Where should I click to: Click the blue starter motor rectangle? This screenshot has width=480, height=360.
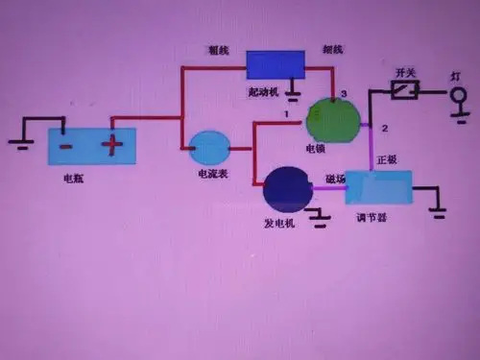coord(276,64)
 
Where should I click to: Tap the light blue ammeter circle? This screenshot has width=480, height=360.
coord(208,149)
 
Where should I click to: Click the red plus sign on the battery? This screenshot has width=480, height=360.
coord(113,146)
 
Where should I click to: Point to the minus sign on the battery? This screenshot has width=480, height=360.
coord(65,146)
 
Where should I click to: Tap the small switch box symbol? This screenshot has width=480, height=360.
coord(404,92)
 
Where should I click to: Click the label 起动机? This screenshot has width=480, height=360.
coord(261,92)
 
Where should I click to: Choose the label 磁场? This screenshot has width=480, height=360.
coord(336,179)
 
